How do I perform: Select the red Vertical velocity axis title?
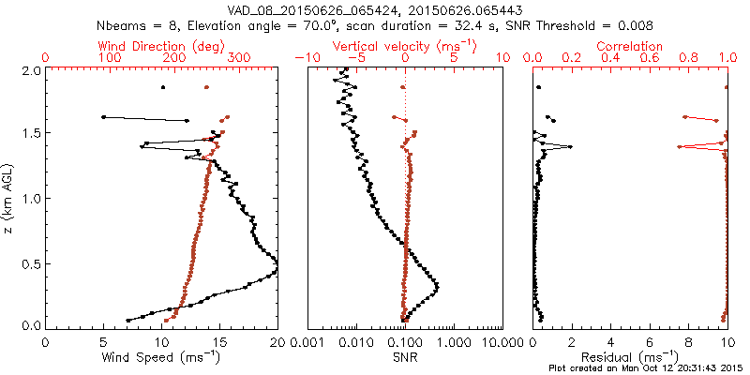click(x=403, y=46)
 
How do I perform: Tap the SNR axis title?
click(x=405, y=357)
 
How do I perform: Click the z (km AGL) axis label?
click(x=9, y=197)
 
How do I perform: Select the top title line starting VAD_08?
click(x=375, y=8)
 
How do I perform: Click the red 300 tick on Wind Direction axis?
click(x=239, y=58)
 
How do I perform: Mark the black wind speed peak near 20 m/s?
click(x=277, y=271)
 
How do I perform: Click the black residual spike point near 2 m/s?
click(x=570, y=146)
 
